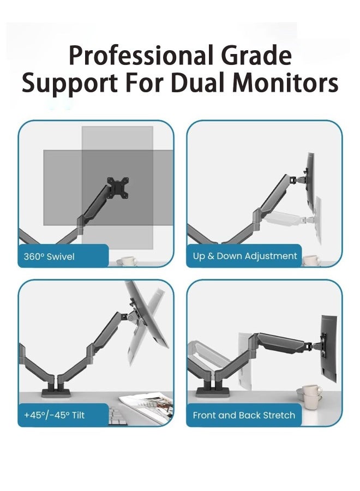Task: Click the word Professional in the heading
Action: pos(142,56)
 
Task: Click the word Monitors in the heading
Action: pos(286,83)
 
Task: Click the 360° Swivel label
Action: pos(49,257)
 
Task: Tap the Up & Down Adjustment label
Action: pos(245,256)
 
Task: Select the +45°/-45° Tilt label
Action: pos(54,415)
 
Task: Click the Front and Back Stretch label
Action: pos(244,415)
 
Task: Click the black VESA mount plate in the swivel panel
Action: pos(118,187)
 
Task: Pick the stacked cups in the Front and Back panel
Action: pos(309,397)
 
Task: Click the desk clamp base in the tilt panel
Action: pos(57,393)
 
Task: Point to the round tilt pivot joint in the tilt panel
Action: pos(130,318)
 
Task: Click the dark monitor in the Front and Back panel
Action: pos(329,348)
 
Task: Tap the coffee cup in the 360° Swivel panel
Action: pos(128,261)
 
